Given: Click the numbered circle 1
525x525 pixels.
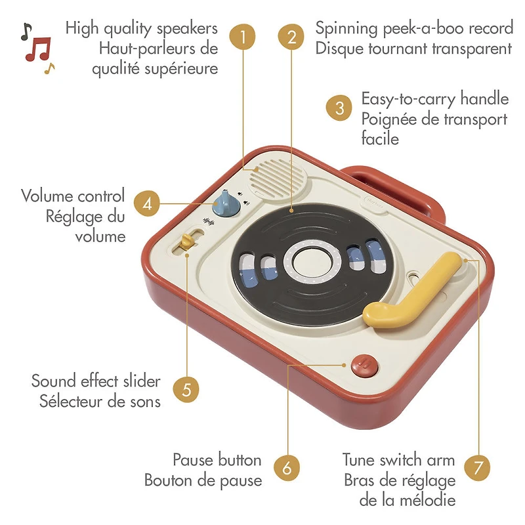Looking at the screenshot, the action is [242, 37].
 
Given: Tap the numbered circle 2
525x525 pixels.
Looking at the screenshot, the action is [291, 37].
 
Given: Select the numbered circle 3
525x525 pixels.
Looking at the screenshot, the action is [339, 108].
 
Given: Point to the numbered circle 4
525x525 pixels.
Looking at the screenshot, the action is [147, 203].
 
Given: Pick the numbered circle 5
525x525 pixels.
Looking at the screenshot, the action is [186, 389].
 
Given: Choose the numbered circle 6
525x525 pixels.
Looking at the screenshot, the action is [287, 467].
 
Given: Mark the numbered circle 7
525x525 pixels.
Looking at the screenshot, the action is [478, 467].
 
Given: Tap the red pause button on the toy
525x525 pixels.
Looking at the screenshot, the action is [365, 366].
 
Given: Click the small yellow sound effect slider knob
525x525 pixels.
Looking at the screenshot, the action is [186, 241].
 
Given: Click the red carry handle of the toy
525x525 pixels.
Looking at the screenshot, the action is [395, 188].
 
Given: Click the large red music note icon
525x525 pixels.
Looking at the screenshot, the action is [38, 49].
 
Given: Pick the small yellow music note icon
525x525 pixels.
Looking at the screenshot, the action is [50, 68].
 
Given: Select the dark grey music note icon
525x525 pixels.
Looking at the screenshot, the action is [26, 31].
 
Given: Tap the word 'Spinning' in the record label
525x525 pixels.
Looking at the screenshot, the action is [346, 29].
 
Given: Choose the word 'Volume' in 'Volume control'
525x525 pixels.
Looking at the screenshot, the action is [51, 196].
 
